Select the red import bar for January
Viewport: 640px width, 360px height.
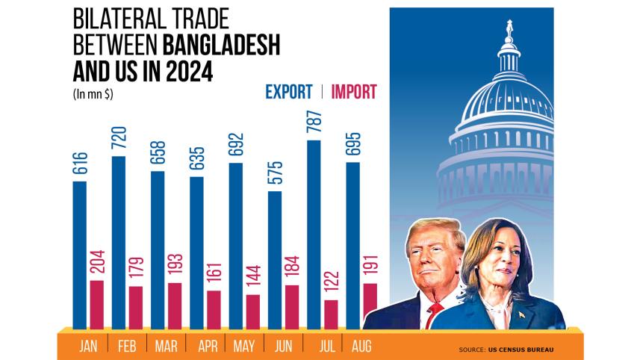click(x=97, y=305)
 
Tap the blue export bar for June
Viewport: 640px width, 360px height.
click(x=275, y=259)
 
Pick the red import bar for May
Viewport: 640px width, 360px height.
click(x=253, y=311)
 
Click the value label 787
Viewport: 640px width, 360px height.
click(x=314, y=122)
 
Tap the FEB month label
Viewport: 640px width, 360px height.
click(x=128, y=347)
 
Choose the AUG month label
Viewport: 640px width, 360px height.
click(x=361, y=347)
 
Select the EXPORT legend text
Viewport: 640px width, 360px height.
click(x=288, y=92)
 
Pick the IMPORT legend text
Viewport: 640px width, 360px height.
click(x=354, y=92)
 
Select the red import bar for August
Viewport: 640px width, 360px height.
click(x=370, y=305)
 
